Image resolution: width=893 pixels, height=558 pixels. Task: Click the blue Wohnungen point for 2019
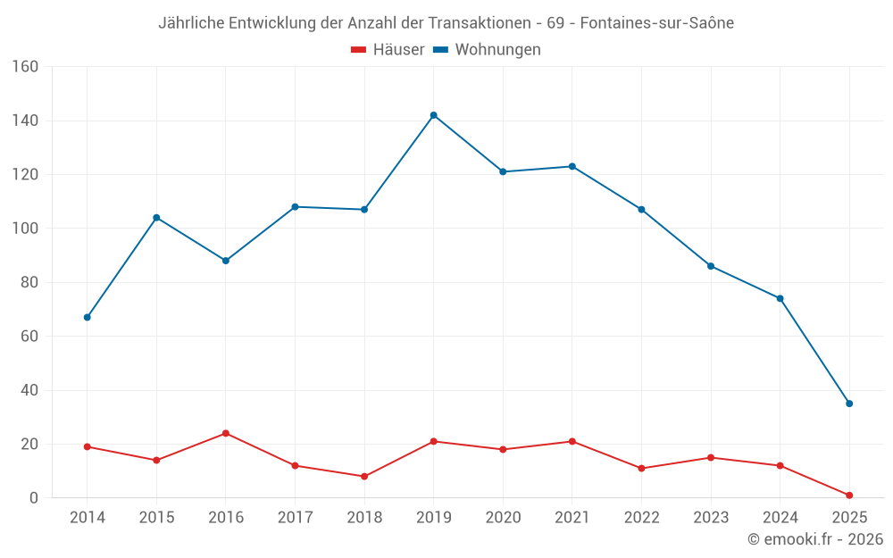(x=433, y=115)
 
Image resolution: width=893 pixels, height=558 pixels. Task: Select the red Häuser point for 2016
(x=225, y=433)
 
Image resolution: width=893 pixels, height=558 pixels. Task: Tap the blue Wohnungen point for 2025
(x=849, y=404)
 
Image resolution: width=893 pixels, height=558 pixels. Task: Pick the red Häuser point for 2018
(x=364, y=477)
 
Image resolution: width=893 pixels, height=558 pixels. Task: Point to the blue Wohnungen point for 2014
(x=87, y=317)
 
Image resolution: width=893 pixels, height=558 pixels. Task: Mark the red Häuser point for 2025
(x=849, y=496)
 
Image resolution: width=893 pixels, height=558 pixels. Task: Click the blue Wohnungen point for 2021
(x=572, y=166)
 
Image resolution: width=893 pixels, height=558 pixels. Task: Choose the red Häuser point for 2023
(x=711, y=457)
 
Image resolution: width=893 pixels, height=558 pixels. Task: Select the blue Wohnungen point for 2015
(x=156, y=218)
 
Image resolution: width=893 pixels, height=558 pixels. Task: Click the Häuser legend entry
(x=388, y=50)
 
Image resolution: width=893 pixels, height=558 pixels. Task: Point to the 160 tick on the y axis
(x=25, y=67)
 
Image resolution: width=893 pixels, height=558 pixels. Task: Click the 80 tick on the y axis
(x=29, y=282)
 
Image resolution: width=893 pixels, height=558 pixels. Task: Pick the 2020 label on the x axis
(x=503, y=518)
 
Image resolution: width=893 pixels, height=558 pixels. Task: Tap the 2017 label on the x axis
(x=295, y=518)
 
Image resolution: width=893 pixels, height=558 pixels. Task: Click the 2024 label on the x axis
(x=780, y=518)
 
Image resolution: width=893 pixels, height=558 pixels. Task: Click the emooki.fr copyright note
(x=814, y=539)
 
